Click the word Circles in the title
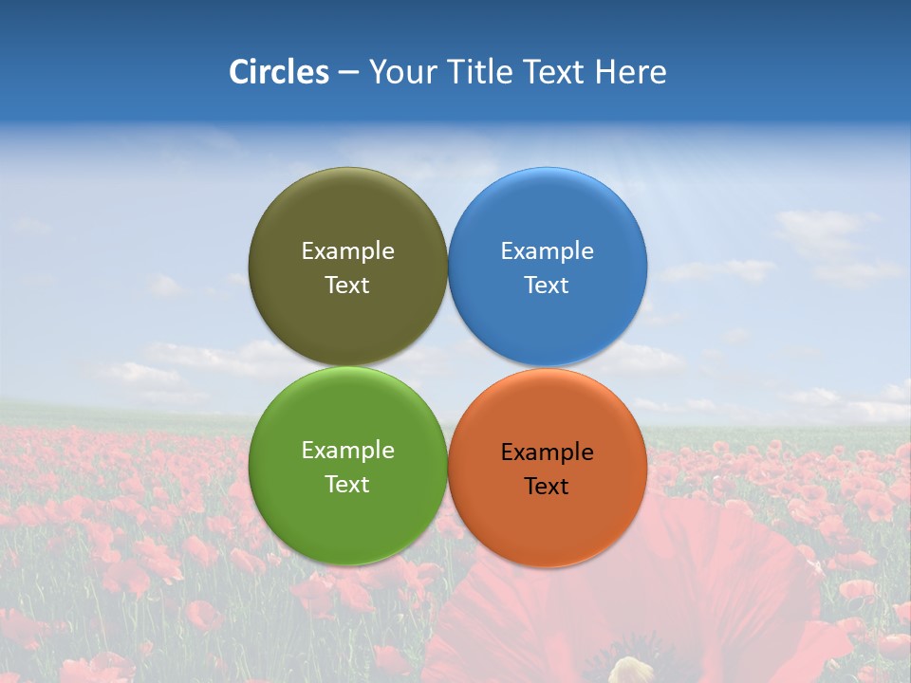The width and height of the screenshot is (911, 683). pyautogui.click(x=278, y=72)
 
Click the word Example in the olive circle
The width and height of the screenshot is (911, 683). pyautogui.click(x=347, y=251)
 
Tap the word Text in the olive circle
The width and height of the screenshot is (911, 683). pyautogui.click(x=347, y=286)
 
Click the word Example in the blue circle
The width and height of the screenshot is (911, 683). pyautogui.click(x=547, y=251)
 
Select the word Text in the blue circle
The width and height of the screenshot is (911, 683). pyautogui.click(x=547, y=286)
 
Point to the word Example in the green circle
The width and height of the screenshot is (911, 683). pyautogui.click(x=347, y=451)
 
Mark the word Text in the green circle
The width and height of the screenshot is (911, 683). pyautogui.click(x=347, y=485)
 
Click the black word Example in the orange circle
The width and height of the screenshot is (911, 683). pyautogui.click(x=547, y=452)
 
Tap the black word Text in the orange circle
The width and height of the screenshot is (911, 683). pyautogui.click(x=547, y=487)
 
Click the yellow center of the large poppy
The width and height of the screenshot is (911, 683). pyautogui.click(x=631, y=671)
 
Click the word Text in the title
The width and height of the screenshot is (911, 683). pyautogui.click(x=554, y=72)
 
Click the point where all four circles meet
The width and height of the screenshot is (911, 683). pyautogui.click(x=448, y=367)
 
